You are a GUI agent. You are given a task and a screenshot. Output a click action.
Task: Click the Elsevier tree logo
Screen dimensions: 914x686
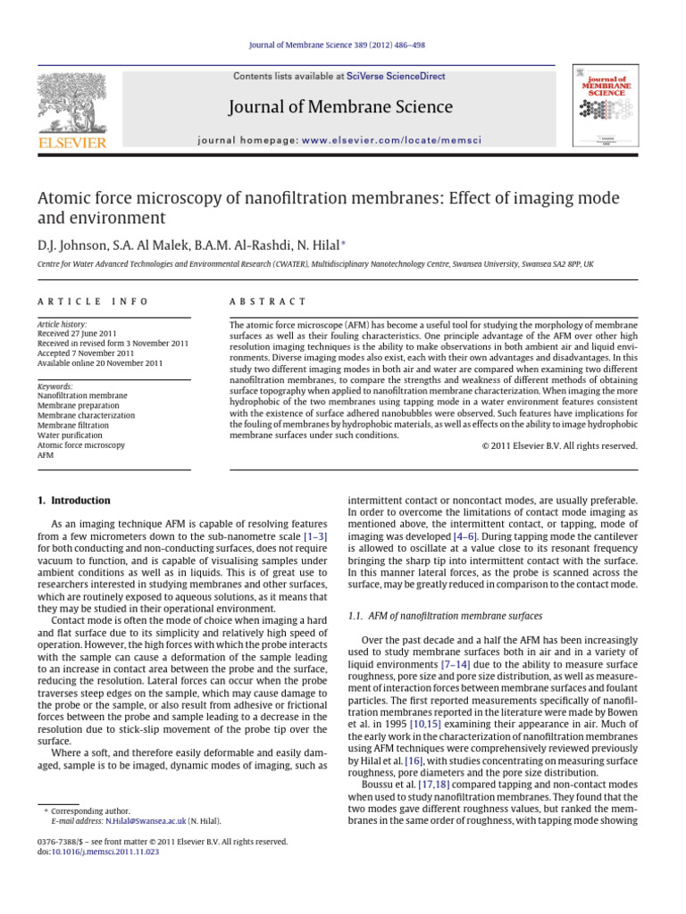(x=71, y=103)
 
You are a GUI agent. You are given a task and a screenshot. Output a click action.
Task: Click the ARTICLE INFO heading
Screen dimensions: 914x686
(x=93, y=302)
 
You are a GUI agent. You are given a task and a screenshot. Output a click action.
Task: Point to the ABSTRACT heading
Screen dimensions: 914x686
(x=268, y=302)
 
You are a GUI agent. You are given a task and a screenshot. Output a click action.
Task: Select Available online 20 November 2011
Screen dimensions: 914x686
(x=99, y=364)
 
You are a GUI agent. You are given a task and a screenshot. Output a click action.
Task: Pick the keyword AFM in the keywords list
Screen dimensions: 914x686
(x=46, y=454)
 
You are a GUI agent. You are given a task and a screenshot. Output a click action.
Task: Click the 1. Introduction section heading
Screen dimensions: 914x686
(x=74, y=501)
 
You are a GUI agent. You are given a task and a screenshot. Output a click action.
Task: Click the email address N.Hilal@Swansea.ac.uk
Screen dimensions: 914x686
(x=138, y=820)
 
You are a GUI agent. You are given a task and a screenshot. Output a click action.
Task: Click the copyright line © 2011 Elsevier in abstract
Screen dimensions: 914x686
(x=560, y=446)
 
